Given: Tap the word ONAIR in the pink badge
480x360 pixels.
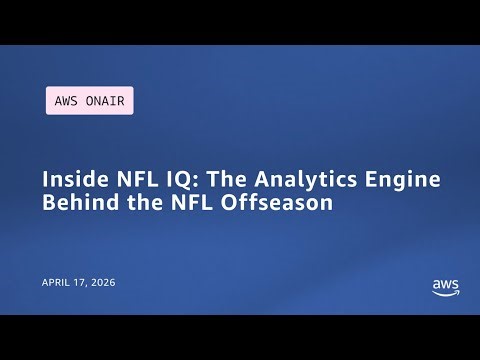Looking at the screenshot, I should coord(105,101).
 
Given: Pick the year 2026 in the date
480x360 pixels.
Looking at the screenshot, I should coord(104,283).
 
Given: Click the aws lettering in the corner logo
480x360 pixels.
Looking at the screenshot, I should coord(445,284).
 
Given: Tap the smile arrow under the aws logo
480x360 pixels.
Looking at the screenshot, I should coord(446,293).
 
